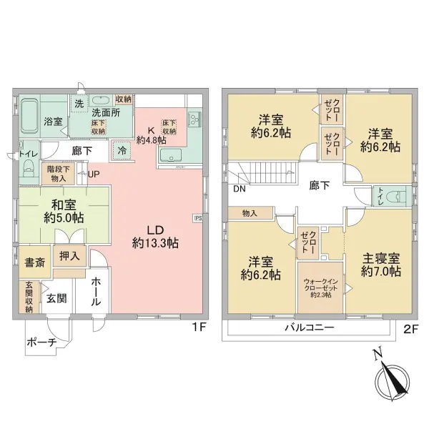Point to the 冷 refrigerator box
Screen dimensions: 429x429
point(122,151)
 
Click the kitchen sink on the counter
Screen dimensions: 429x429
point(172,158)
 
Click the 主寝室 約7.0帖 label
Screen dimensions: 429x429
point(380,265)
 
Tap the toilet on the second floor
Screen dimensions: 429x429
point(398,195)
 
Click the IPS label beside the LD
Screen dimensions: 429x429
point(197,218)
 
